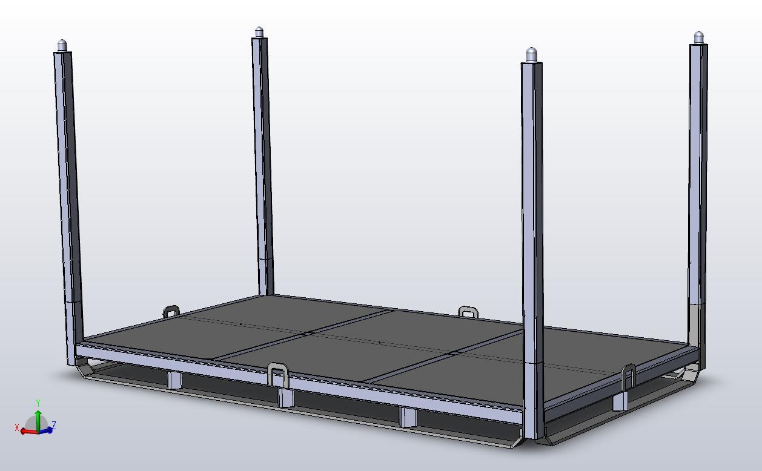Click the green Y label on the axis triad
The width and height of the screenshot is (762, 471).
coord(38,403)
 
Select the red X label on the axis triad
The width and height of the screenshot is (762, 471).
coord(18,428)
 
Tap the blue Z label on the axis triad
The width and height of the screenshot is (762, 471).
coord(54,425)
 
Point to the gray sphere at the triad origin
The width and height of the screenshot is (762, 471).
coord(38,423)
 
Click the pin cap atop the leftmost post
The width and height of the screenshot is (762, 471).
coord(62,45)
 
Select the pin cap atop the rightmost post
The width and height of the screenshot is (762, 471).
coord(698,37)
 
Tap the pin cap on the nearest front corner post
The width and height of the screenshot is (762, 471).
coord(532,55)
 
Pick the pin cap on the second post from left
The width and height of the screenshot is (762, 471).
coord(259,32)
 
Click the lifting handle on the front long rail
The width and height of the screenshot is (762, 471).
coord(278,374)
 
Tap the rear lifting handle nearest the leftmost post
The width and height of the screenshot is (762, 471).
coord(171,311)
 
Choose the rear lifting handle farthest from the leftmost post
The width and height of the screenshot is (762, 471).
coord(468,312)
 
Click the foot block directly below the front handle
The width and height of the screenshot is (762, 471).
coord(285,398)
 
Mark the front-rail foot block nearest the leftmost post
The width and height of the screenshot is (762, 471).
coord(174,380)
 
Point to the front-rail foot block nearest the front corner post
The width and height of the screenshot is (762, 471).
coord(408,417)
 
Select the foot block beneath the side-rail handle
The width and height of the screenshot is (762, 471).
coord(620,401)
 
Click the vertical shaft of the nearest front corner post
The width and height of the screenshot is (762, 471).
coord(532,242)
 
